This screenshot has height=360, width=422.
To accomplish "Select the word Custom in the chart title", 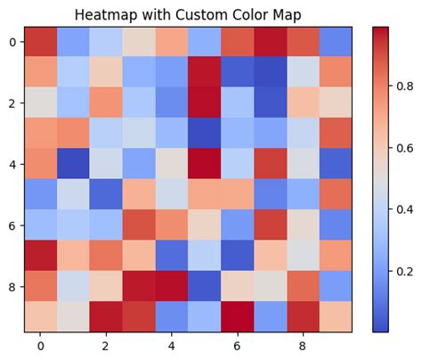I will (209, 15).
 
